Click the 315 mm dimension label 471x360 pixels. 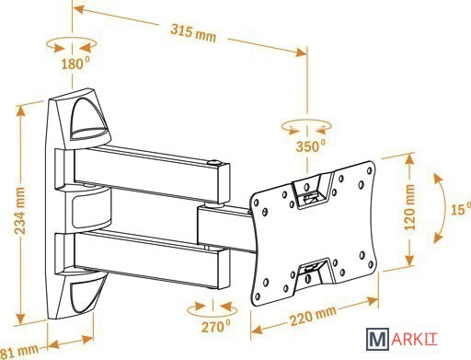(x=193, y=34)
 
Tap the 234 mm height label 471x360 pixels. (x=20, y=211)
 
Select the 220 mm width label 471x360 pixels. (x=313, y=316)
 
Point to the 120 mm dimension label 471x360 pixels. (x=409, y=207)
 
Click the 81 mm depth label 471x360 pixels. (x=19, y=351)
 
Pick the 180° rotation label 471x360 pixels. (x=75, y=64)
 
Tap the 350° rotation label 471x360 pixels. (x=310, y=145)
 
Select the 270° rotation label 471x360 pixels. (x=215, y=326)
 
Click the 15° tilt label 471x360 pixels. (x=461, y=209)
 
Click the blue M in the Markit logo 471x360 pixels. (x=378, y=339)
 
